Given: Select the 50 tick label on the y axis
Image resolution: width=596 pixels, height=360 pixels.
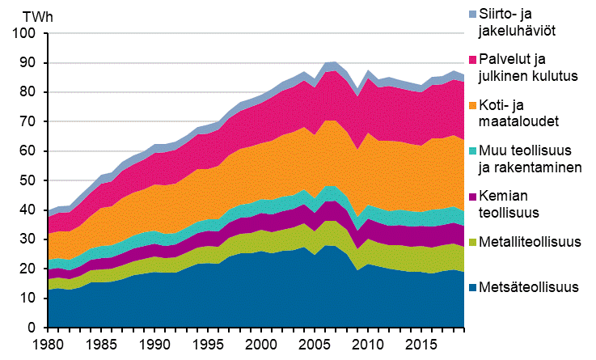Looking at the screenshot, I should tap(30, 180).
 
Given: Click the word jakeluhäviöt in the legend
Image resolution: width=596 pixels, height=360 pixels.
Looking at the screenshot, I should tap(528, 30).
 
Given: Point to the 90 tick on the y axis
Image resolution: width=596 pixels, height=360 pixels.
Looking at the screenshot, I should tap(30, 62).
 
